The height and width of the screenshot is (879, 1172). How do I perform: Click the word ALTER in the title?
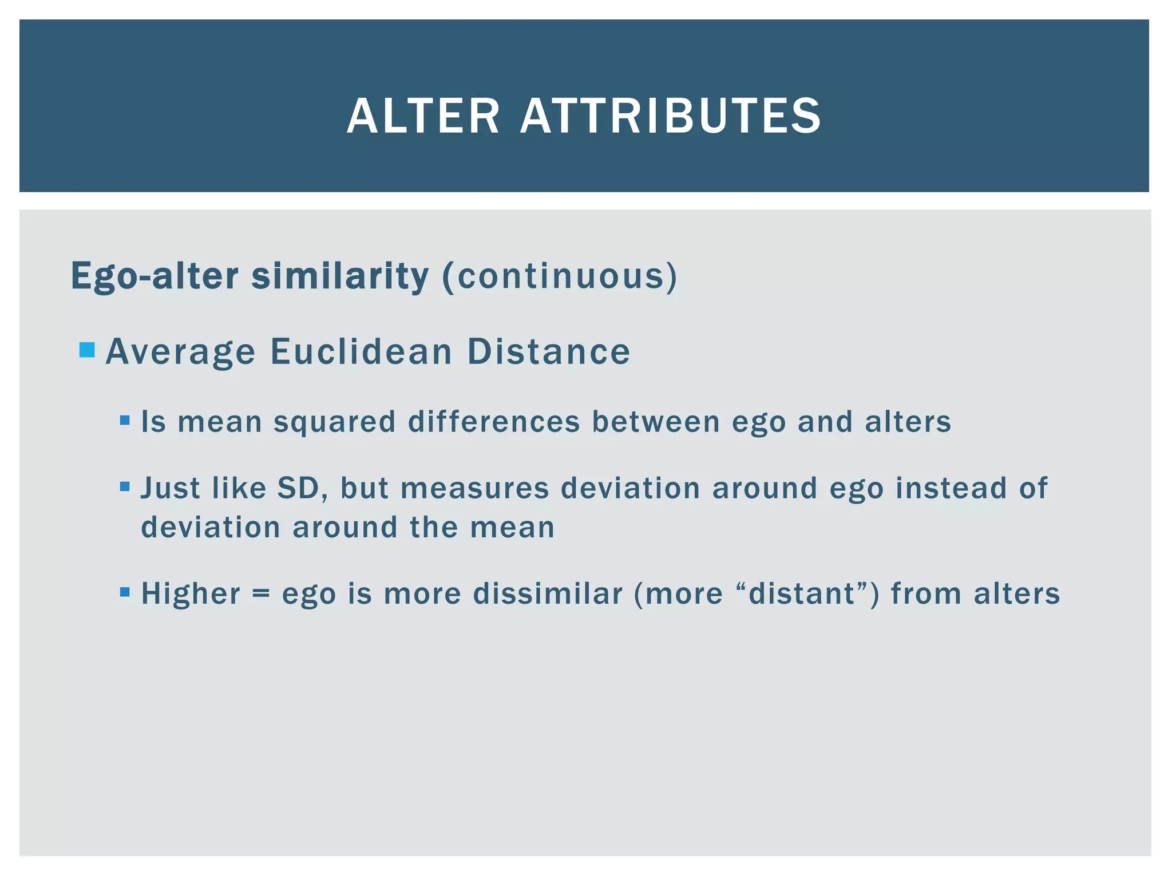[423, 116]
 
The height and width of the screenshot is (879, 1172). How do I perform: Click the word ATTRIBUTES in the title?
[670, 116]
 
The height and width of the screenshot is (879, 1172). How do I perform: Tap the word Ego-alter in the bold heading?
[154, 276]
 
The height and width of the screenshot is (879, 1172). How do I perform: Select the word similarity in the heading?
[340, 276]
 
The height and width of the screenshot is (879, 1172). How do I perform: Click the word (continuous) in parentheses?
[560, 276]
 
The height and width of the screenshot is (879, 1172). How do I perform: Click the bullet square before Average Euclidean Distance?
[87, 349]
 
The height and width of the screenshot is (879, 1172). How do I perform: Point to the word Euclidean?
[361, 351]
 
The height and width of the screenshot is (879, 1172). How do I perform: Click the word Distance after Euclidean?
[549, 351]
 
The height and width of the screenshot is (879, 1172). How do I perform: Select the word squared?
[335, 422]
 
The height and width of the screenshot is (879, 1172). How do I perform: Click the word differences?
[494, 422]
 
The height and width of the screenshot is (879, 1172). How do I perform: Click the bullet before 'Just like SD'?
[125, 487]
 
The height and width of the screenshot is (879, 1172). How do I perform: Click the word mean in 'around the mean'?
[512, 527]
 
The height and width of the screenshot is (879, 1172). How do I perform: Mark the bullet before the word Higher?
[125, 592]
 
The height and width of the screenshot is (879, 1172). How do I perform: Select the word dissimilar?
[548, 593]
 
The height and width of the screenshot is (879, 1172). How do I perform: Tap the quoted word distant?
[802, 593]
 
